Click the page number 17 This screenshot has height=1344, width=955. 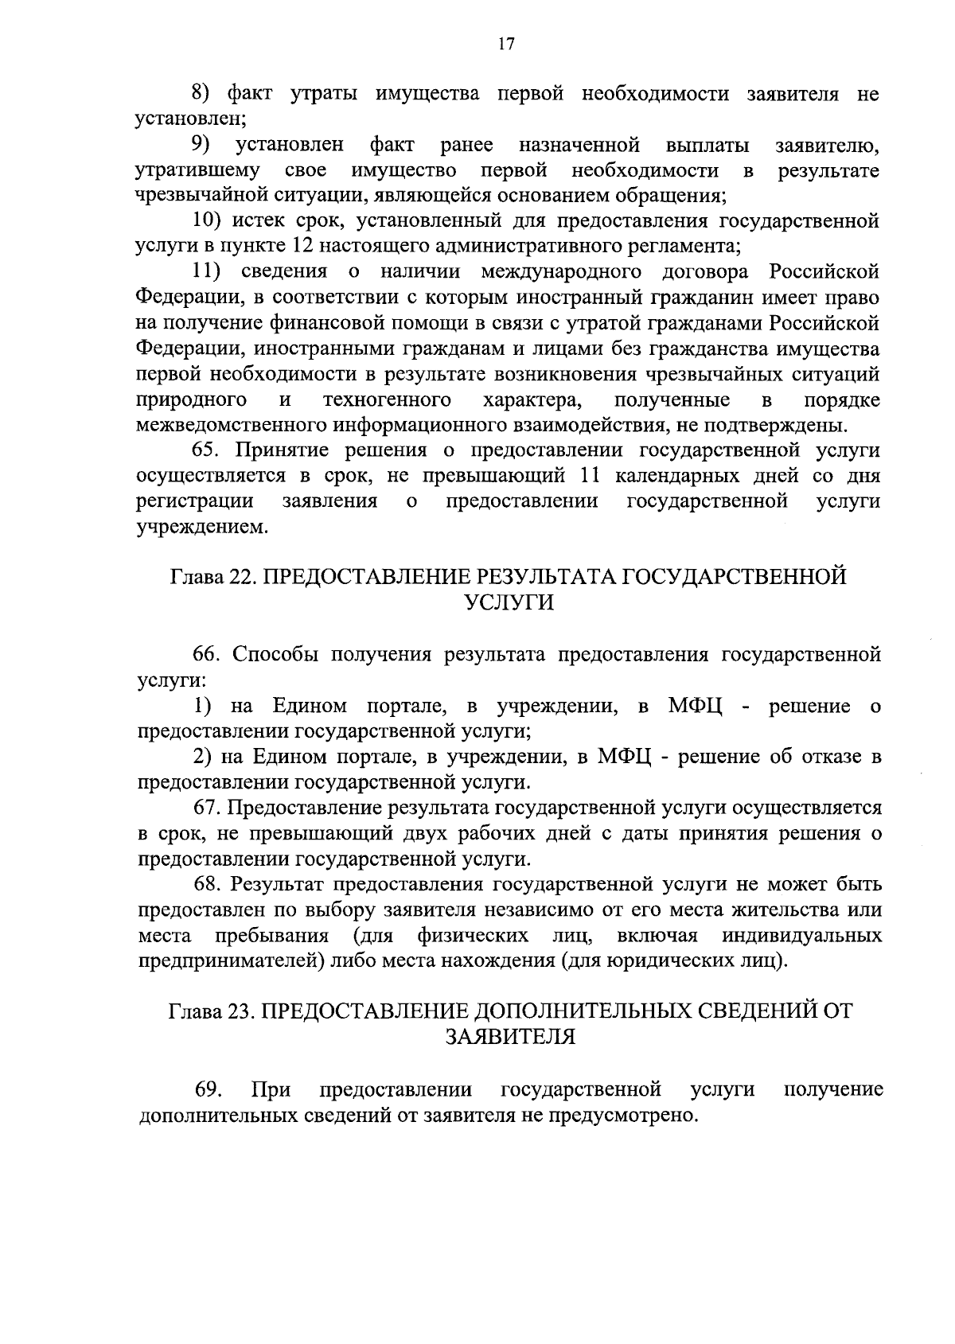point(505,45)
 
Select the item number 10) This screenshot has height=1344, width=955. point(209,221)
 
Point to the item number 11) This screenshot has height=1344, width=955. point(209,272)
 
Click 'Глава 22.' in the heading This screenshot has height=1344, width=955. point(211,577)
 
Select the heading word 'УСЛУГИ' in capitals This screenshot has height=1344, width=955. point(508,602)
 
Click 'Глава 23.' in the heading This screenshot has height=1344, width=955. point(210,1011)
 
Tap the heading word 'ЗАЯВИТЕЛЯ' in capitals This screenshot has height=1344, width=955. point(509,1036)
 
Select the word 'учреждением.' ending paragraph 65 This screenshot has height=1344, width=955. point(203,528)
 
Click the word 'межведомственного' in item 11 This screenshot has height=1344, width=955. point(231,425)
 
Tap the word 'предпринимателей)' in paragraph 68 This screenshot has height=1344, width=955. point(231,960)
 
